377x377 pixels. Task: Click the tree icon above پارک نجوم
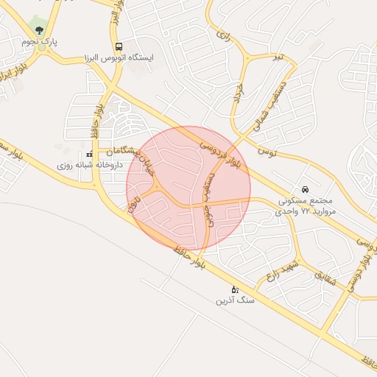tap(39, 29)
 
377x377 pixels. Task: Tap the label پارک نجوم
tap(39, 42)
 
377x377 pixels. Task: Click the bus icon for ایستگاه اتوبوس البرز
tap(119, 46)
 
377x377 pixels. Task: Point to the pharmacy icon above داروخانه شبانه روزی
tap(89, 155)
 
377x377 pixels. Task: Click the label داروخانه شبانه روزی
tap(89, 166)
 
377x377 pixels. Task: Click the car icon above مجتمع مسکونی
tap(306, 188)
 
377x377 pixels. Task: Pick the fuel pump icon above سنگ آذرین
tap(235, 289)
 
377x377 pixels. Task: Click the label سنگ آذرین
tap(235, 300)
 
